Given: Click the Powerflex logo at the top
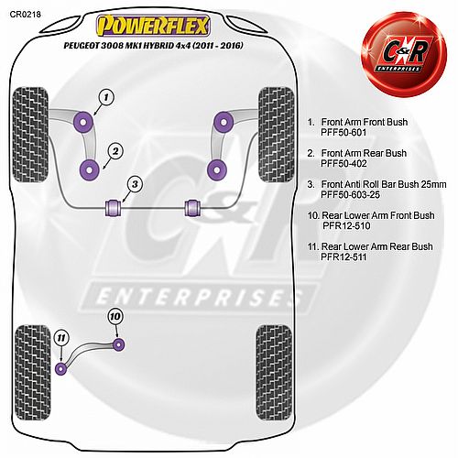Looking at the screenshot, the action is pos(153,26).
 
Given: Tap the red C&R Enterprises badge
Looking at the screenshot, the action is pos(404,55).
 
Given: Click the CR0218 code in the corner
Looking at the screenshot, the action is pos(25,14).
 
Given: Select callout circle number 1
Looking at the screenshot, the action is pos(106,98).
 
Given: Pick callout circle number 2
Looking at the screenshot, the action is pos(115,151).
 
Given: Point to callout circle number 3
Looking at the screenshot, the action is pos(135,184).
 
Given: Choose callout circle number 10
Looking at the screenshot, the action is pos(115,317).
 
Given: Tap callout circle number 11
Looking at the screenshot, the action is pos(61,338).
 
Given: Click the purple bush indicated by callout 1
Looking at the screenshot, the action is pos(83,122).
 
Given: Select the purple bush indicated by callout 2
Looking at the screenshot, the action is pos(89,170).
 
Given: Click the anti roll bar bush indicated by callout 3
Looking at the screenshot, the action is pos(114,207).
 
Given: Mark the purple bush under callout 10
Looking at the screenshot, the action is pos(119,344).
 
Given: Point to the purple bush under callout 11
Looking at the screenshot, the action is pos(61,368).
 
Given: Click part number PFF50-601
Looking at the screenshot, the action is pos(343,133).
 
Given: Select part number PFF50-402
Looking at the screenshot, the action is pos(343,164).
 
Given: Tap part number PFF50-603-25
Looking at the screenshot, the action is pos(350,195).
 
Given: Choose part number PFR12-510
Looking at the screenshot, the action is pos(346,226).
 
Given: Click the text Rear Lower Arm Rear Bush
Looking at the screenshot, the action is pos(377,246).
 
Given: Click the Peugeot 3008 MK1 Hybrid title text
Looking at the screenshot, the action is pos(153,46).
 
